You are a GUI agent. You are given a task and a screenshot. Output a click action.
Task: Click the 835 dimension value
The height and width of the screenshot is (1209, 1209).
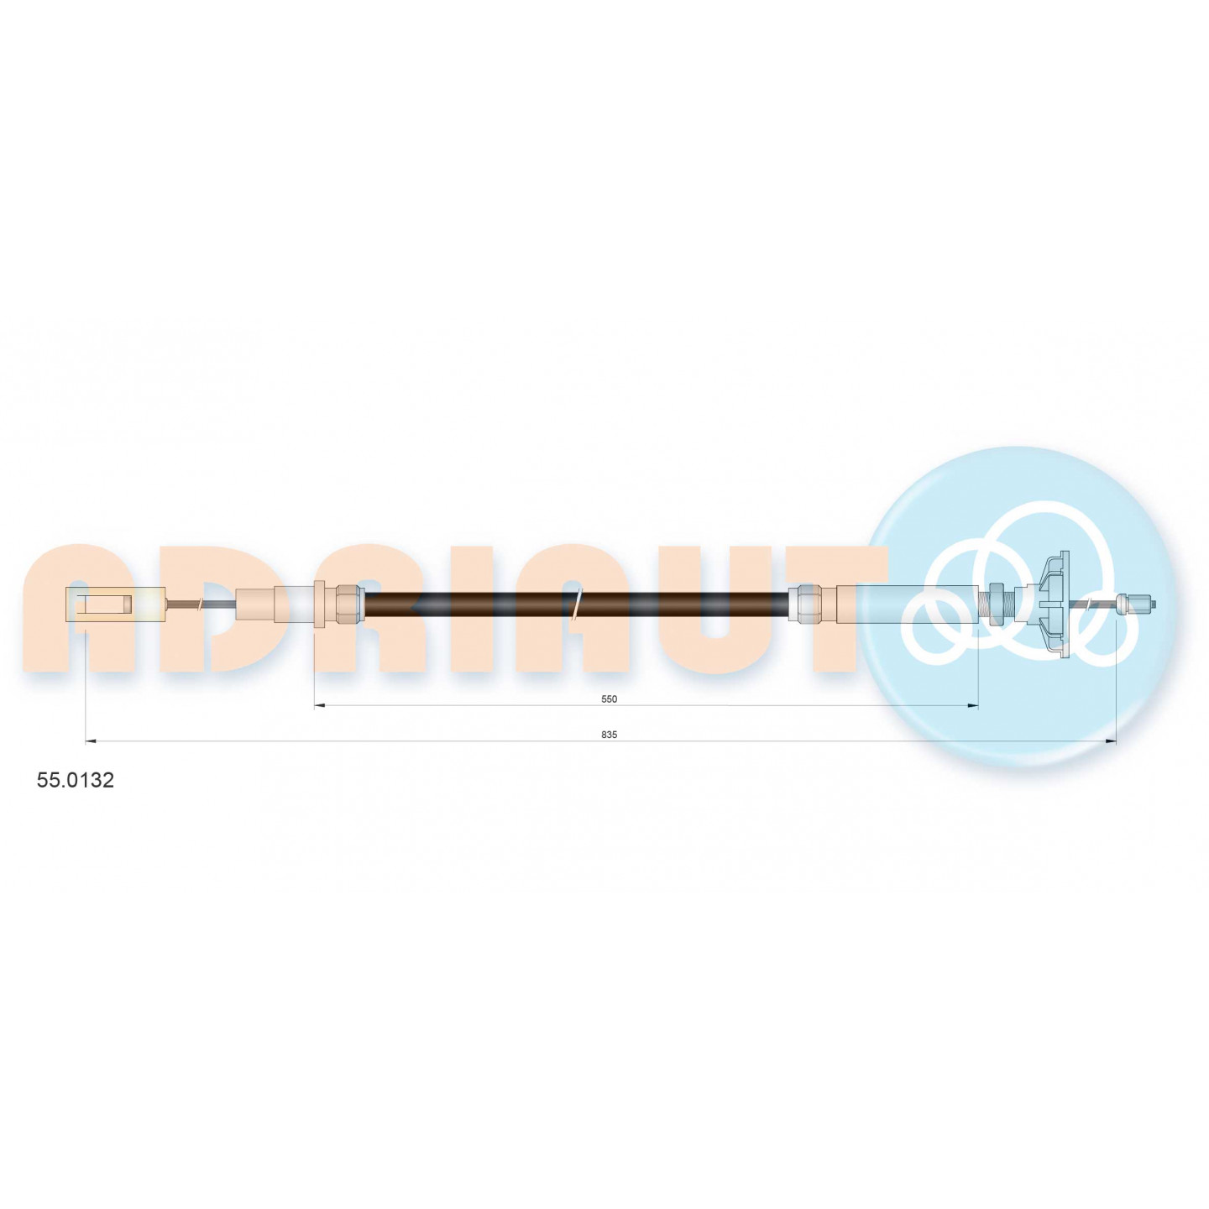(610, 735)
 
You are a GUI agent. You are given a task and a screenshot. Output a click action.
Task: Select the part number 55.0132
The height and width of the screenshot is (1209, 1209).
(76, 781)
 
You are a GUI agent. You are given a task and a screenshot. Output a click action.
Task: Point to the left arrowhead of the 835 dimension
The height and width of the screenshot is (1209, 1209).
(90, 742)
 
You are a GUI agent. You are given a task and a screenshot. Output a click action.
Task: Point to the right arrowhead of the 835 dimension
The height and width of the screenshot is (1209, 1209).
(1111, 742)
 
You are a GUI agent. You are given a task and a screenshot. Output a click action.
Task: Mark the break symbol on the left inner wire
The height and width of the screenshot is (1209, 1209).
(199, 604)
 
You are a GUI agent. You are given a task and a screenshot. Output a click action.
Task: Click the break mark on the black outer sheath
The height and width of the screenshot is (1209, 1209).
(577, 604)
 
